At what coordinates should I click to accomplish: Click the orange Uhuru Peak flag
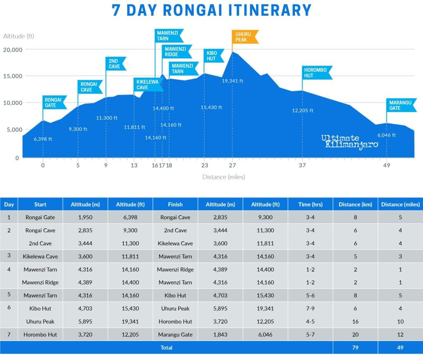[245, 36]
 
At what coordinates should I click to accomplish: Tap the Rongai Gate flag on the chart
[54, 102]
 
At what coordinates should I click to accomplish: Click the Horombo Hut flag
[316, 73]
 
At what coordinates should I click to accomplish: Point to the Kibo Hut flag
[213, 56]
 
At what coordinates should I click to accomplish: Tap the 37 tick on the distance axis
[302, 166]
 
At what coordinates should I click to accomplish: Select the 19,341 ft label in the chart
[233, 81]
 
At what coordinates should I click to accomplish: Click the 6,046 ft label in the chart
[387, 135]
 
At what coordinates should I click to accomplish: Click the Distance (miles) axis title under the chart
[223, 177]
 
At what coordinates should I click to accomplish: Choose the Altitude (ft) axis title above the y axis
[19, 36]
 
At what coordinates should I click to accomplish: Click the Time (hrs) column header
[310, 204]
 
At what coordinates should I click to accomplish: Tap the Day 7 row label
[9, 334]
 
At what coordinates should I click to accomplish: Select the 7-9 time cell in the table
[310, 308]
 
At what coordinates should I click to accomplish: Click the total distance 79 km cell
[355, 348]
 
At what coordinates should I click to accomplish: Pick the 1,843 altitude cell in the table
[220, 334]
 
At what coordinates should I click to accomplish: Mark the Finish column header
[175, 204]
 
